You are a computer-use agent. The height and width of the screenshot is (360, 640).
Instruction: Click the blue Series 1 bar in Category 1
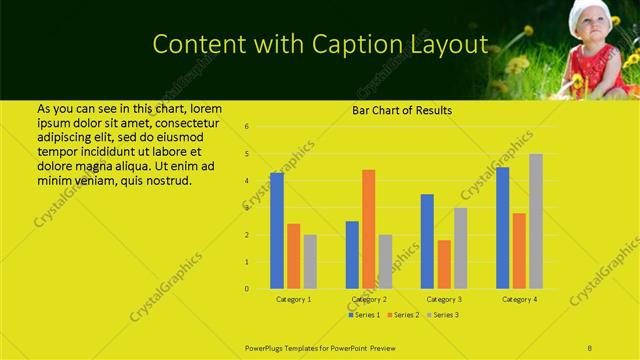[277, 230]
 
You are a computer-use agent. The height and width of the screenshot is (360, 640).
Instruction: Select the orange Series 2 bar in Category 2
[368, 229]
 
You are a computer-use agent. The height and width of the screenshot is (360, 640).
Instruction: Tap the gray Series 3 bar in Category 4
[535, 221]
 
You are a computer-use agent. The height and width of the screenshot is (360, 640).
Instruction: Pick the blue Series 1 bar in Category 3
[427, 241]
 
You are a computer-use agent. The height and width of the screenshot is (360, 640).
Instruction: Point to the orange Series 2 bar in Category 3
[443, 264]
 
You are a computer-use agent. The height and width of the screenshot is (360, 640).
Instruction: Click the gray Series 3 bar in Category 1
[310, 262]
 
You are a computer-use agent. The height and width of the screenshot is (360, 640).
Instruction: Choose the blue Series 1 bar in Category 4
[502, 228]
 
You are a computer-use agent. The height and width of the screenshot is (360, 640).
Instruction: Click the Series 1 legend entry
[363, 315]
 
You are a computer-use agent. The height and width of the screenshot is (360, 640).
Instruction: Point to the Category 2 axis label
[369, 299]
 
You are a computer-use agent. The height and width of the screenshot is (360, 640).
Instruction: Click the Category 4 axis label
[519, 299]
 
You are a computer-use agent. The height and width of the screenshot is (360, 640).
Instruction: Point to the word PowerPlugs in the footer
[267, 348]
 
